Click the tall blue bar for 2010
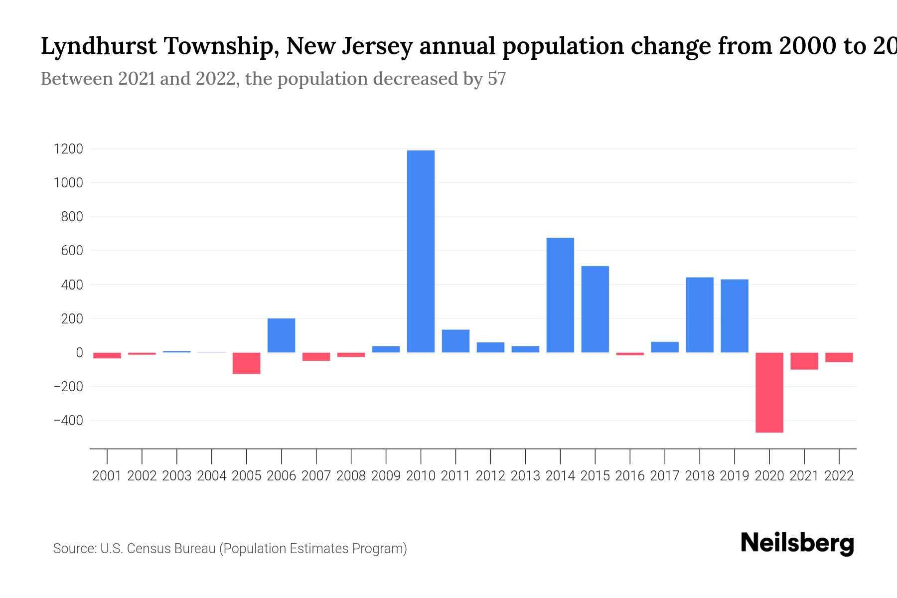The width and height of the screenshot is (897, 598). pyautogui.click(x=421, y=251)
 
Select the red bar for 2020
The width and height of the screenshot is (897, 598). pyautogui.click(x=769, y=392)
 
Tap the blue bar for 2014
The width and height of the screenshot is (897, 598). pyautogui.click(x=560, y=295)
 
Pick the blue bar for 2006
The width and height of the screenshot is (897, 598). pyautogui.click(x=281, y=335)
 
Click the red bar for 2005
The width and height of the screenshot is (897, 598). pyautogui.click(x=246, y=363)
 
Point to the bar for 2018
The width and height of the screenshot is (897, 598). pyautogui.click(x=700, y=315)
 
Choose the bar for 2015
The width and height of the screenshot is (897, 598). pyautogui.click(x=595, y=309)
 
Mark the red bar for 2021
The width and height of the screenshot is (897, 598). pyautogui.click(x=804, y=361)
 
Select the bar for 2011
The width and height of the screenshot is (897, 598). pyautogui.click(x=455, y=341)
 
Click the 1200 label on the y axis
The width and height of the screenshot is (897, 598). pyautogui.click(x=69, y=149)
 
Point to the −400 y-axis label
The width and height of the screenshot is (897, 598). pyautogui.click(x=68, y=421)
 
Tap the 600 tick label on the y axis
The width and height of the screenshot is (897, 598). pyautogui.click(x=72, y=251)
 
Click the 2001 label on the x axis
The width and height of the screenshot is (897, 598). pyautogui.click(x=107, y=476)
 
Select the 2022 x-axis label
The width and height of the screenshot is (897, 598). pyautogui.click(x=839, y=476)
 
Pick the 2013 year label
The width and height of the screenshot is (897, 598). pyautogui.click(x=525, y=476)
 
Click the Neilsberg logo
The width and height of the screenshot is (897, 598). pyautogui.click(x=797, y=543)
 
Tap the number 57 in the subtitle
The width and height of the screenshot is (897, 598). pyautogui.click(x=496, y=79)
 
